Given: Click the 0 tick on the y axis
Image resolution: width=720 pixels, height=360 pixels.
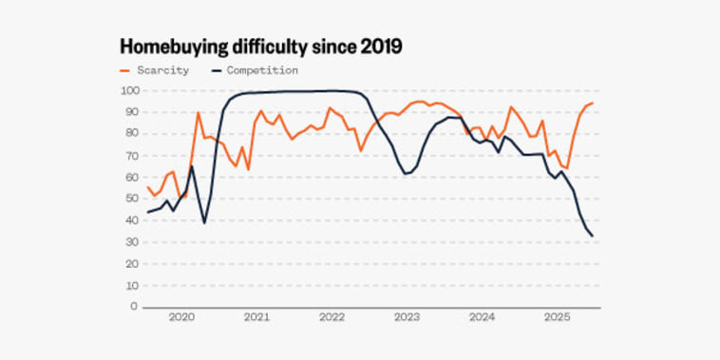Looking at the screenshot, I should point(134,307).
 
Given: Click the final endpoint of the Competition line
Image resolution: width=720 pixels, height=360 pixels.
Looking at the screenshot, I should point(594,237).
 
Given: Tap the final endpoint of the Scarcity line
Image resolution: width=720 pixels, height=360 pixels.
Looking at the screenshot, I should point(593,104).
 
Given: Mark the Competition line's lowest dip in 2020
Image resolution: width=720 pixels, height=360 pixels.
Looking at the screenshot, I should point(204,222).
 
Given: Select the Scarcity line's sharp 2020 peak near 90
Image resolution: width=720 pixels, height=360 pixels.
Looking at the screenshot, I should point(198,113).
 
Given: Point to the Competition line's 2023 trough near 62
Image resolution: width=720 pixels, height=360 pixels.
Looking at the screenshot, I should point(406,174).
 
